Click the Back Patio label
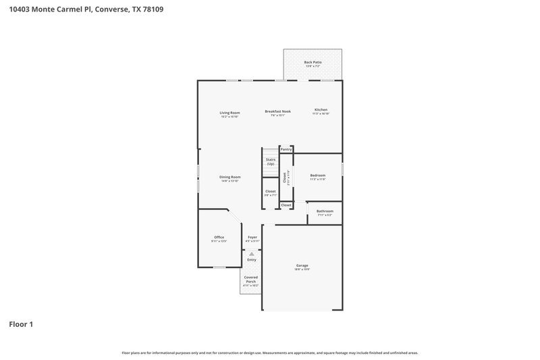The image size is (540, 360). coord(313,62)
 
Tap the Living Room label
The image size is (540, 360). coord(230,112)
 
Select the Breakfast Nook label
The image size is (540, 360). coord(277,111)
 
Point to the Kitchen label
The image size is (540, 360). coord(321,110)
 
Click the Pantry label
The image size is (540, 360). coord(286,149)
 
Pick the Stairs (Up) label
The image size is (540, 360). coord(270,162)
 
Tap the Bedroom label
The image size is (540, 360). coord(317,175)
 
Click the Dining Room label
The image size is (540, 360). coord(230,177)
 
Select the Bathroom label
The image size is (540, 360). coord(325,211)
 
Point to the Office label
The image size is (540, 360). coord(219,237)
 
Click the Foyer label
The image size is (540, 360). coord(252,237)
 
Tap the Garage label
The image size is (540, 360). coord(302,265)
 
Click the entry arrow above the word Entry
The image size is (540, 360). coord(251,254)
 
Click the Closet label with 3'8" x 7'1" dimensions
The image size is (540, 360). coord(270,192)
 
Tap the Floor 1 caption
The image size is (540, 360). coord(21,324)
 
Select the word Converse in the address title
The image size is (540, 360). coord(108,10)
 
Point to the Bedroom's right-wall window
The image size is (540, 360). coord(342,168)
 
